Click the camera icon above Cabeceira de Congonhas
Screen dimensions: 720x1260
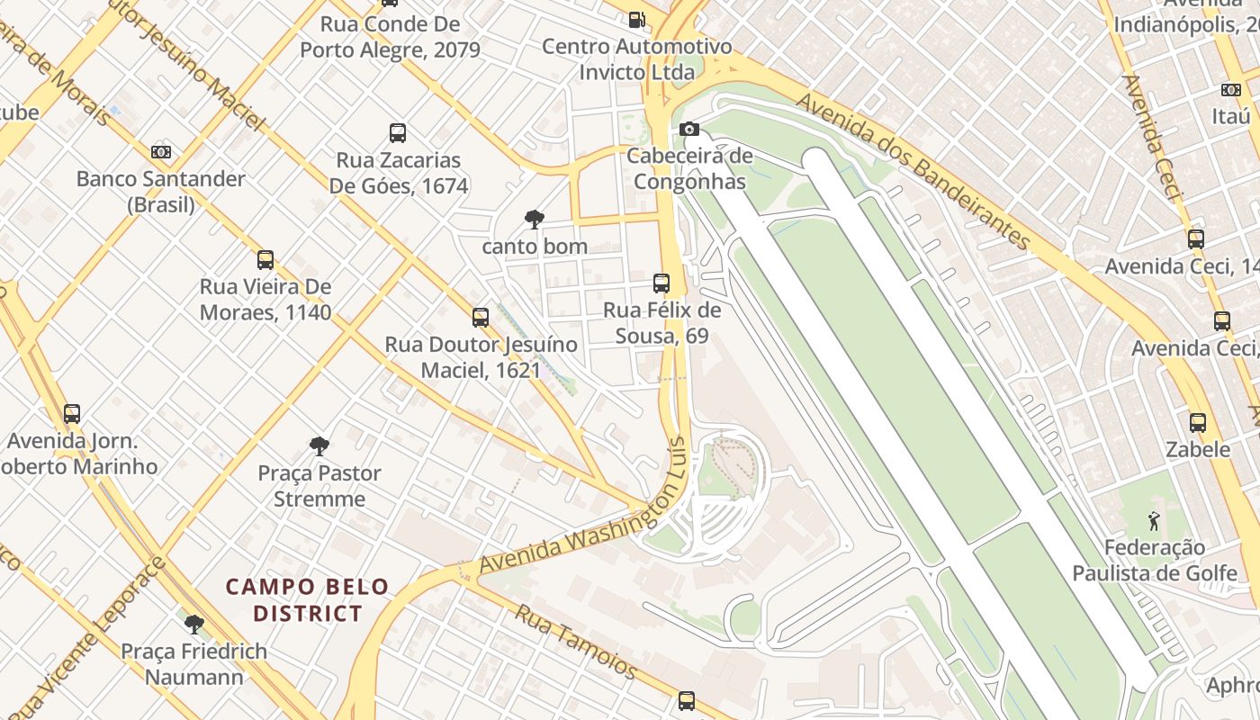tap(689, 130)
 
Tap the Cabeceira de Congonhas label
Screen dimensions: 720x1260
tap(689, 168)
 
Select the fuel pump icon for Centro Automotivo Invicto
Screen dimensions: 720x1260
tap(636, 19)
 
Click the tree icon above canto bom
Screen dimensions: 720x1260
tap(534, 219)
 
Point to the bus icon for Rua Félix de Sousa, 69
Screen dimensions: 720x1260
tap(661, 283)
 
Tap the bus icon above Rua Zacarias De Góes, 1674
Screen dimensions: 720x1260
tap(398, 133)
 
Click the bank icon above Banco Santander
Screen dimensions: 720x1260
tap(161, 152)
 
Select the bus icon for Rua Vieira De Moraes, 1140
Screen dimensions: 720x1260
tap(265, 260)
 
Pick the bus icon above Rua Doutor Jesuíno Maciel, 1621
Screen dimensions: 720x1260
tap(481, 318)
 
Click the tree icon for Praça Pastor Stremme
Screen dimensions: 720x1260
tap(319, 445)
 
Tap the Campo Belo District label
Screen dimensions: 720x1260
tap(307, 600)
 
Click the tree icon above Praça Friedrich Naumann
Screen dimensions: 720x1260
tap(193, 624)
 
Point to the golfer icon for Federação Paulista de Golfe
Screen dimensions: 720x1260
tap(1154, 520)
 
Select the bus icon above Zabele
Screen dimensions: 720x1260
tap(1198, 423)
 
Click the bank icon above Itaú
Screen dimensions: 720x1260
tap(1231, 90)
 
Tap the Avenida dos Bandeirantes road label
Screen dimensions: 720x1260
tap(913, 171)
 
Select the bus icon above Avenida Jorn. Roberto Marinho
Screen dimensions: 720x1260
tap(72, 414)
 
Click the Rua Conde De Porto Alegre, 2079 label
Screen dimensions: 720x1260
tap(390, 37)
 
